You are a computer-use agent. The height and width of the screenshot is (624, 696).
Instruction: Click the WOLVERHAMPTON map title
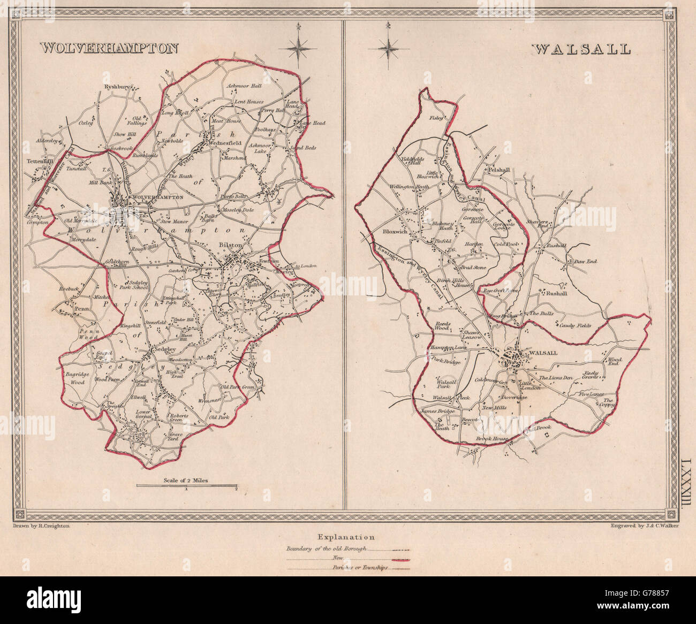click(x=109, y=48)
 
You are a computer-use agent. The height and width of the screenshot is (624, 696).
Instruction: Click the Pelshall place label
click(x=496, y=170)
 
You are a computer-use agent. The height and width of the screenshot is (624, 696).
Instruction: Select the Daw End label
click(x=585, y=262)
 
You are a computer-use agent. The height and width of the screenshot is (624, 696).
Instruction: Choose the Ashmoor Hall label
click(x=243, y=86)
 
